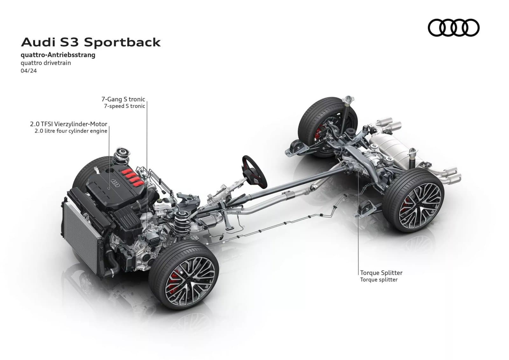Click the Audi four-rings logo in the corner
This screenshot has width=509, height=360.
pyautogui.click(x=454, y=28)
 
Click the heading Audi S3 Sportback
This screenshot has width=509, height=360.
pyautogui.click(x=91, y=42)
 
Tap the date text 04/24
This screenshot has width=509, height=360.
pyautogui.click(x=29, y=71)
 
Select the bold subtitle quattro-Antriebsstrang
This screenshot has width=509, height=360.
pyautogui.click(x=58, y=55)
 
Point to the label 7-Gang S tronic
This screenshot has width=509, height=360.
pyautogui.click(x=123, y=99)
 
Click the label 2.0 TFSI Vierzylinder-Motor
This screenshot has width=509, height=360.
pyautogui.click(x=69, y=124)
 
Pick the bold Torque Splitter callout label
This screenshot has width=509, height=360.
pyautogui.click(x=381, y=273)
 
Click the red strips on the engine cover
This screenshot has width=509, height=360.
pyautogui.click(x=132, y=177)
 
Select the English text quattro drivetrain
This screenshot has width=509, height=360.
pyautogui.click(x=46, y=63)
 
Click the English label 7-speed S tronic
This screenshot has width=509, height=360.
pyautogui.click(x=124, y=106)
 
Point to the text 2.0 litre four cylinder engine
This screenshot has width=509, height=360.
pyautogui.click(x=71, y=131)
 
